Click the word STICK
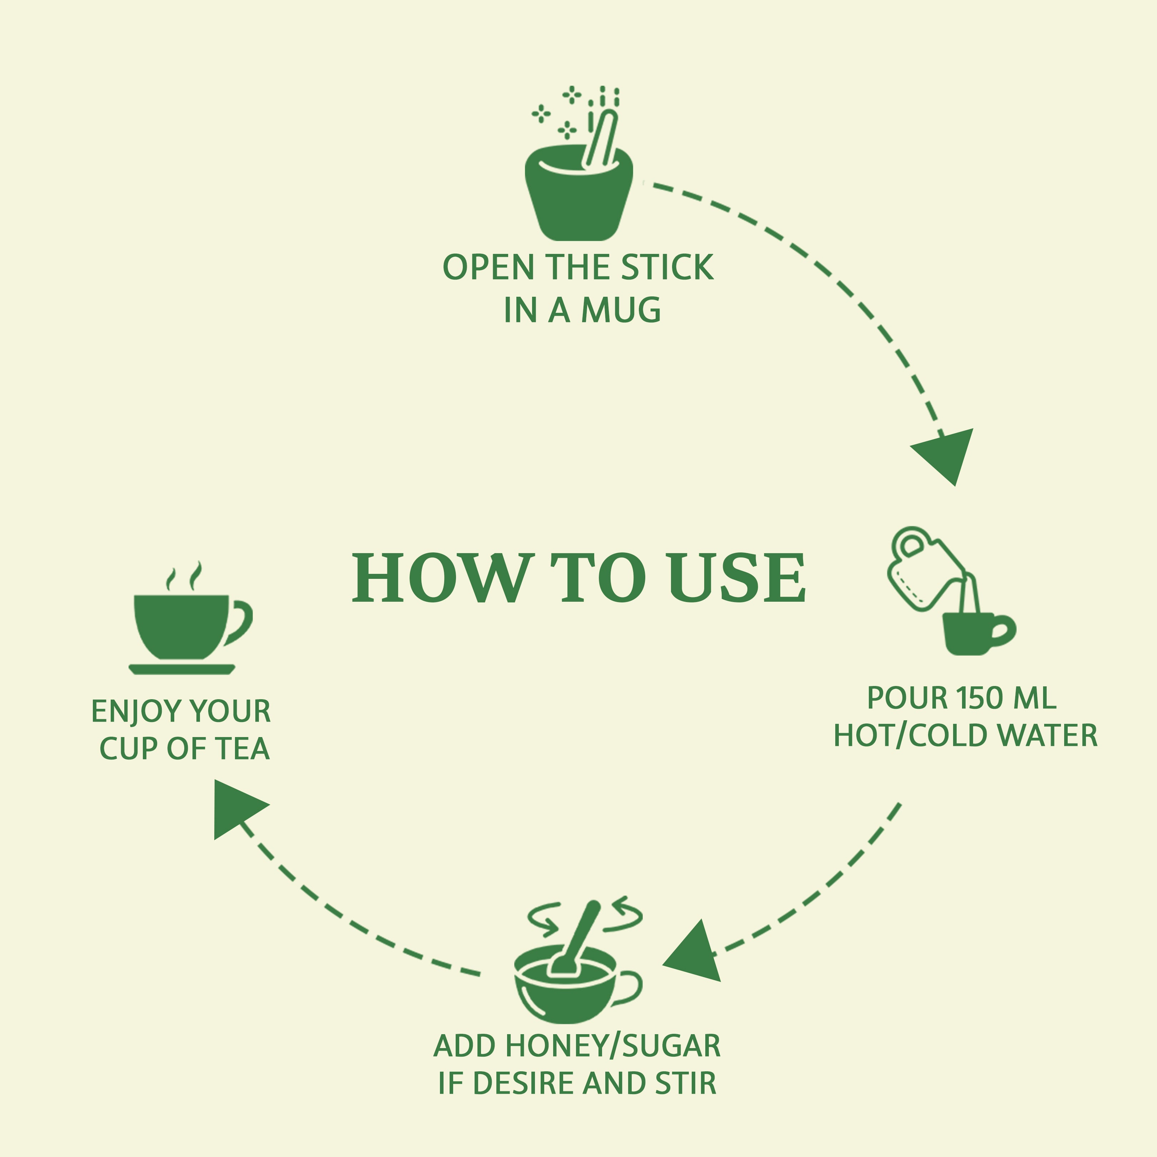[x=667, y=268]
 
